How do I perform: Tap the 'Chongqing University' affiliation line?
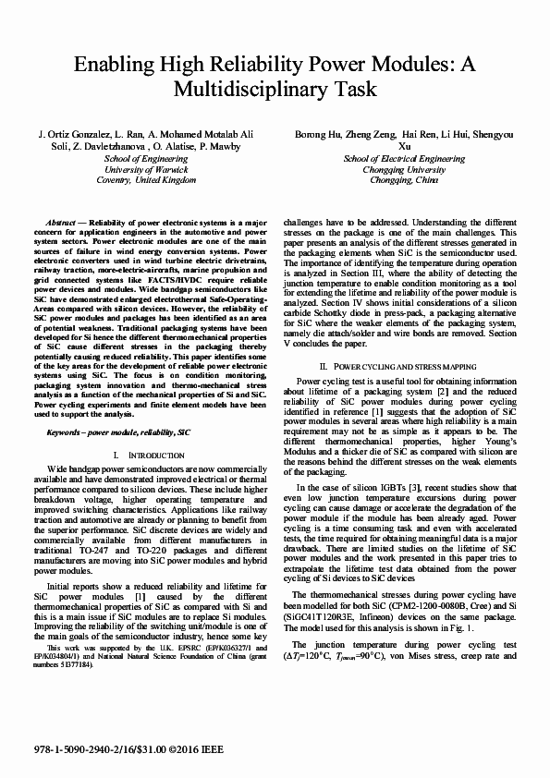pyautogui.click(x=404, y=170)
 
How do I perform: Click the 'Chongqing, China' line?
pyautogui.click(x=404, y=181)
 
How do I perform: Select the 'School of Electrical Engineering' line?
pyautogui.click(x=404, y=159)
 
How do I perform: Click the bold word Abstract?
pyautogui.click(x=60, y=224)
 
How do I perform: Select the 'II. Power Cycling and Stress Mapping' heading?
pyautogui.click(x=404, y=367)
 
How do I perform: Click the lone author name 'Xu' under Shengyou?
pyautogui.click(x=404, y=146)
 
